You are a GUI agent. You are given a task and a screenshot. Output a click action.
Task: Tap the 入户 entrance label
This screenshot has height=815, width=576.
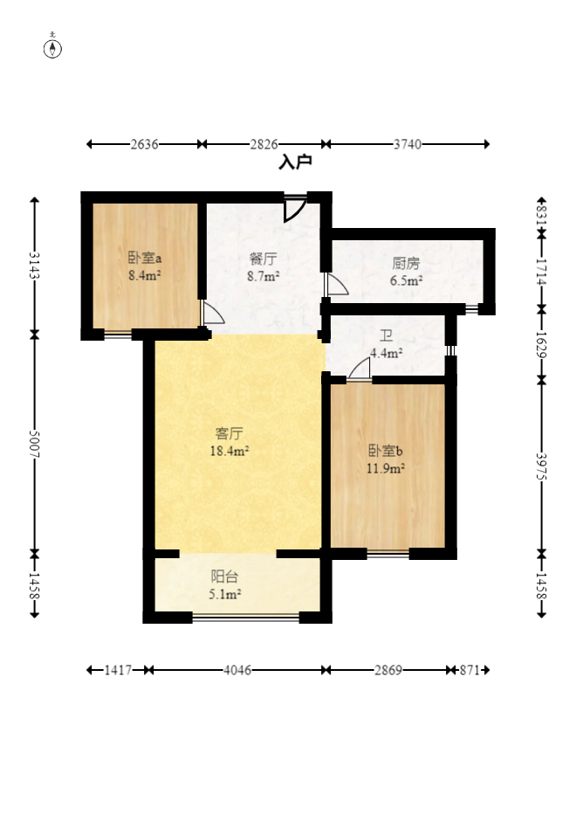point(295,162)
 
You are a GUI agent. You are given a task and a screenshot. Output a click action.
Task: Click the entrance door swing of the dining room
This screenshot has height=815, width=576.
point(295,209)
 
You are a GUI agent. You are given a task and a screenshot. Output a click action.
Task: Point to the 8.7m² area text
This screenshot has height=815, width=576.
point(264,276)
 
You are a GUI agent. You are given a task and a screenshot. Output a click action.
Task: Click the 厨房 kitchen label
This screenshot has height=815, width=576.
point(406,264)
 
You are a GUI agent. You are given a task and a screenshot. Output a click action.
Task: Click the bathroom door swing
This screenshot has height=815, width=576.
point(360,369)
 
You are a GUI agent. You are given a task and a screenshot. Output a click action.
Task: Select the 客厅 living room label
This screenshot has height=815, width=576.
point(229,433)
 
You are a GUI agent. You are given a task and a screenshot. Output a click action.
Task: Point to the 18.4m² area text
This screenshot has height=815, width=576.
point(229,451)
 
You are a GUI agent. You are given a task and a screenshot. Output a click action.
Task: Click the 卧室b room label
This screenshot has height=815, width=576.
point(386,451)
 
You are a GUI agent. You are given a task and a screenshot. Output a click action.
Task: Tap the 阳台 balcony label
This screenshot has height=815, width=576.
point(225,577)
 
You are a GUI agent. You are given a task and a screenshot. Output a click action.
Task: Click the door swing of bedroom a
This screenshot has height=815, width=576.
point(212,313)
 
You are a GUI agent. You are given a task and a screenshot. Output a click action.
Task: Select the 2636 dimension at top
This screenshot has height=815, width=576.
point(144,144)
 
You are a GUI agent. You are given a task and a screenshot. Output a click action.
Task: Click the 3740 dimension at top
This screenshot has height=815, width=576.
point(408,144)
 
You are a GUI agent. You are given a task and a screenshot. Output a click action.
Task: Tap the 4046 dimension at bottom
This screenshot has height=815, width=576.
point(237,670)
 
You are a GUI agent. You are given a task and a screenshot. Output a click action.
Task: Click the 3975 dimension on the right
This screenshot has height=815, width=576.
point(541,466)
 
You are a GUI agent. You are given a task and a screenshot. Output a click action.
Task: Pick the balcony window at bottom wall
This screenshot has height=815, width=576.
point(246,618)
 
